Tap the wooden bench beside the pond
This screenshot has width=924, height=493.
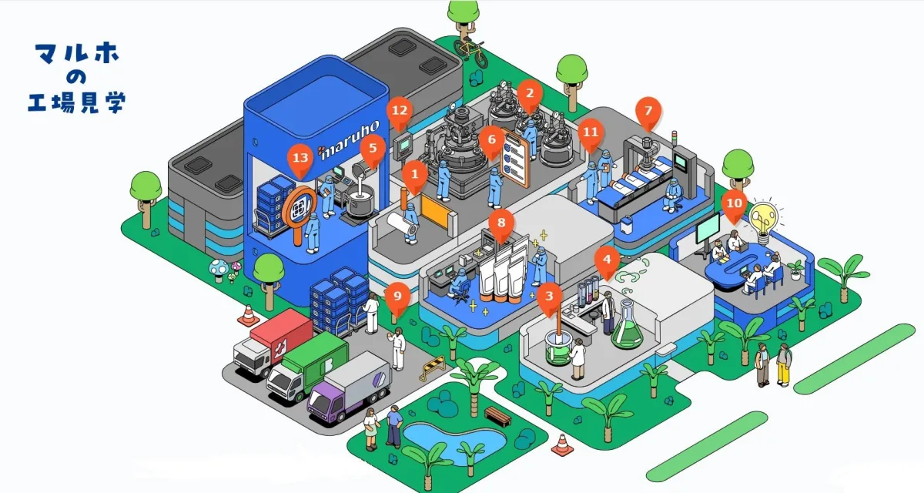click(x=498, y=415)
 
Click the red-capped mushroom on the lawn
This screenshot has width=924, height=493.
click(x=219, y=267)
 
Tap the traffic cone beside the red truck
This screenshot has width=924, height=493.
click(x=248, y=315)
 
